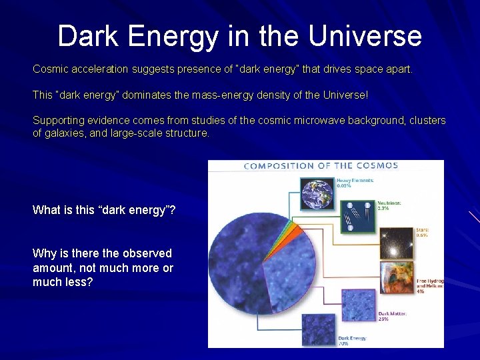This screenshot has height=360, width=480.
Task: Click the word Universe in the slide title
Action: [x=365, y=36]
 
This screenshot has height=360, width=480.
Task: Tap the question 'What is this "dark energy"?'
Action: [x=104, y=210]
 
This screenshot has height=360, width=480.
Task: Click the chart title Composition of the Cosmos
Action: [x=321, y=166]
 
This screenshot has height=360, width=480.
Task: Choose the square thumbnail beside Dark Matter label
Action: [x=359, y=305]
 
